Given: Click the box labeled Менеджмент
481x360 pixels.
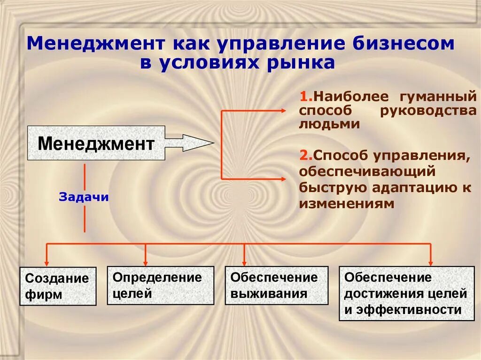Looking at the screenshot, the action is tap(96, 143).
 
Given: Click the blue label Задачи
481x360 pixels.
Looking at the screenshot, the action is tap(84, 197).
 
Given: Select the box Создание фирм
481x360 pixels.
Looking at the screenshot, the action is tap(58, 286).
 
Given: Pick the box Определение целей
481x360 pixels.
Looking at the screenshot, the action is tap(160, 285).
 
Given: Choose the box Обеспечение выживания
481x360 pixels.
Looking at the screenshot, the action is tap(276, 285).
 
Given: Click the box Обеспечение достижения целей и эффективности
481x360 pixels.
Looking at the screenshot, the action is tap(407, 293).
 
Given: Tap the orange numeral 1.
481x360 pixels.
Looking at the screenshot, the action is tap(303, 97).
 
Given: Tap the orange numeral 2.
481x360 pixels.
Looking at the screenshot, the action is tap(303, 155).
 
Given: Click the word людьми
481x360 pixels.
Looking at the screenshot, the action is tap(329, 124).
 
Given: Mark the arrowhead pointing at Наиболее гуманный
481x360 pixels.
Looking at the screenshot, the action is tap(282, 111).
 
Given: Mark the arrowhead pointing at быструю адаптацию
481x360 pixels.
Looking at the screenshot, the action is tap(282, 179).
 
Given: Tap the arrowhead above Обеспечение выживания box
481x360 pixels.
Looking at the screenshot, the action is tap(244, 262).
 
